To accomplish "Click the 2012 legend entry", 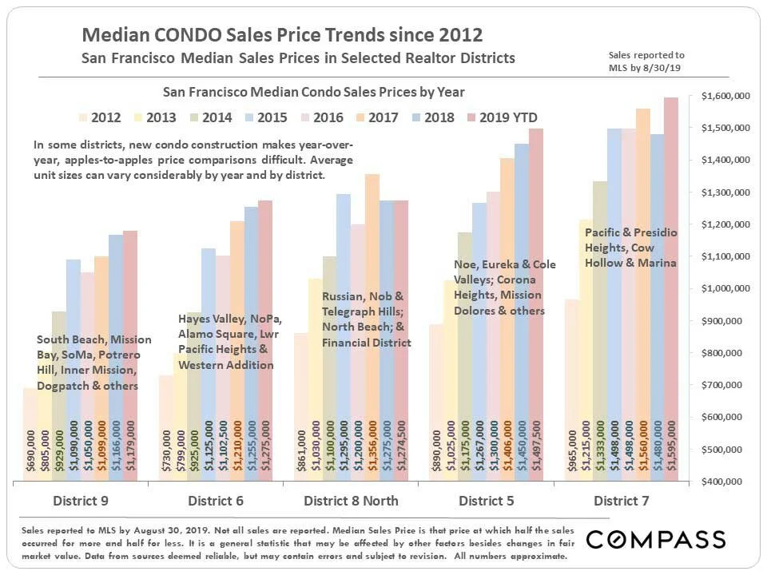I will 98,117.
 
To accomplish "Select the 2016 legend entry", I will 320,117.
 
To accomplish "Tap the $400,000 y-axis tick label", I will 725,482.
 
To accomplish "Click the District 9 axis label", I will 81,502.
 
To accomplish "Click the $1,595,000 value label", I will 671,451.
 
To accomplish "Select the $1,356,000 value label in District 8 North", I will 372,451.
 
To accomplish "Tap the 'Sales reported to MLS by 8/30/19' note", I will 646,61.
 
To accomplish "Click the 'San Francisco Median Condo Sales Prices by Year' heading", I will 314,93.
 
